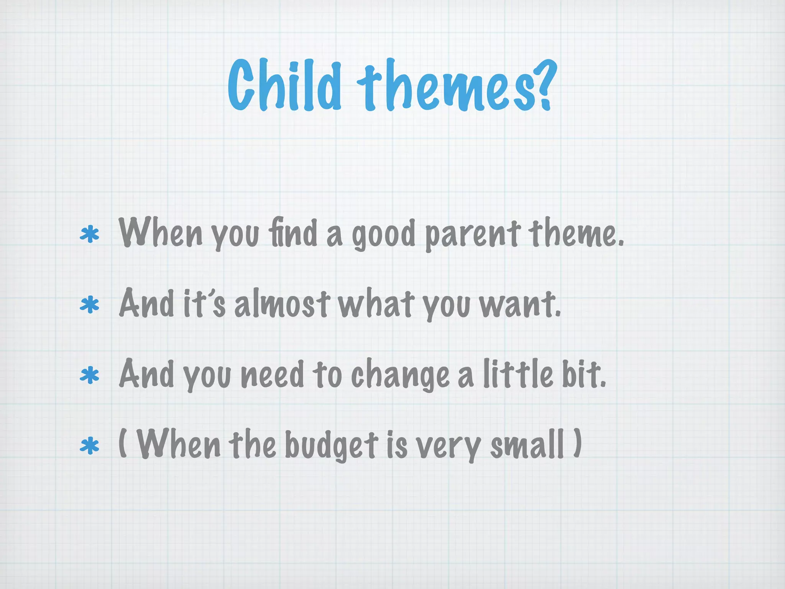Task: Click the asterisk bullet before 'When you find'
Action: click(x=89, y=235)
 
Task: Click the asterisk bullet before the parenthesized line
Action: click(x=89, y=446)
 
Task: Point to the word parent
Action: click(x=472, y=235)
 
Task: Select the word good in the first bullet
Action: click(x=384, y=235)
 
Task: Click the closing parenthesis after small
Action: click(x=577, y=443)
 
